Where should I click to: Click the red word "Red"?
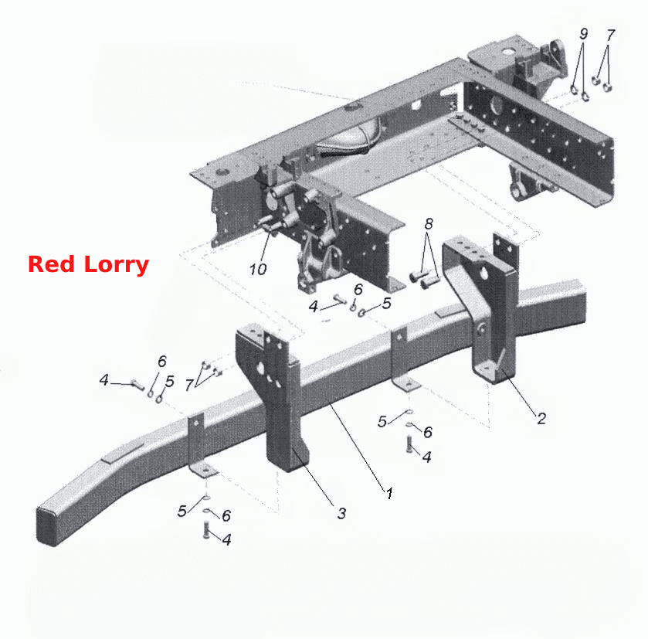tap(52, 264)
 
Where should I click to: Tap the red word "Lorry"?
tap(116, 266)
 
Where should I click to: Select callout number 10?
tap(258, 270)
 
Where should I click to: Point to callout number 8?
tap(429, 223)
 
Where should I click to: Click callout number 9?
tap(584, 33)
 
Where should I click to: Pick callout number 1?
tap(389, 493)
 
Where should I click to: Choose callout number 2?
tap(541, 418)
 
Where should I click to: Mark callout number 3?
tap(341, 513)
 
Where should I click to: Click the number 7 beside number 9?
tap(611, 35)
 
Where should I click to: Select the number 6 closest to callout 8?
tap(358, 289)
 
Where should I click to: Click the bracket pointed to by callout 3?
tap(273, 397)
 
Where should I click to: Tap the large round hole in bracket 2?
tap(481, 273)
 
